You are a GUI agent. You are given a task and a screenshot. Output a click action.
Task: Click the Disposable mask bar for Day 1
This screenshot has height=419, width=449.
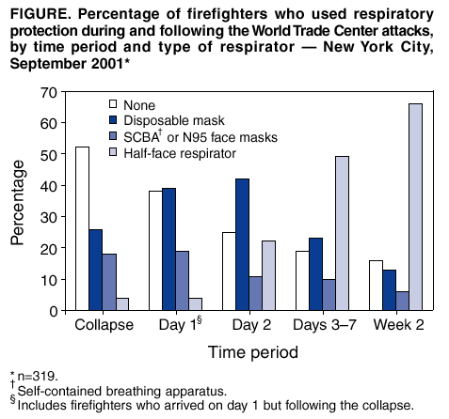(x=169, y=249)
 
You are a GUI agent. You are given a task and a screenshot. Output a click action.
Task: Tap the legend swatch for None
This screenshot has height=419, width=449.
(x=114, y=105)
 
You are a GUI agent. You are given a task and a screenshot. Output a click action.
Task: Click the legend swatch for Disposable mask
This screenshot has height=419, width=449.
(x=114, y=121)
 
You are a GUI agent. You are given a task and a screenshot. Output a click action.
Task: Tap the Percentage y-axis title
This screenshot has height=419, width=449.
(x=18, y=201)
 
